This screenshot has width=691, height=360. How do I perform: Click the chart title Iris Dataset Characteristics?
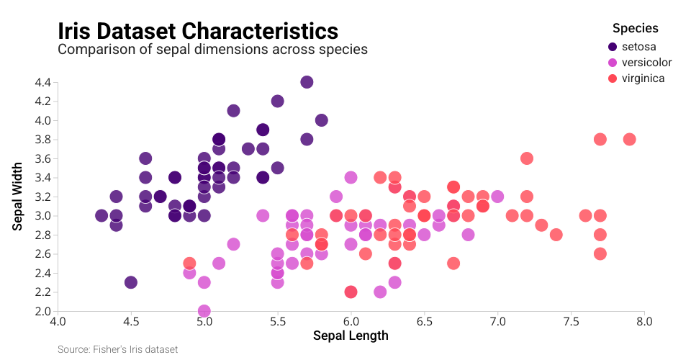(x=197, y=31)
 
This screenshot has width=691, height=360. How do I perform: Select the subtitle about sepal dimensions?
(x=212, y=50)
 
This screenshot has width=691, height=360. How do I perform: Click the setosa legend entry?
(x=639, y=47)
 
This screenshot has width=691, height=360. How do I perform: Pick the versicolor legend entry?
(x=646, y=63)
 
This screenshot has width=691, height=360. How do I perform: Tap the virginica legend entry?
(x=643, y=78)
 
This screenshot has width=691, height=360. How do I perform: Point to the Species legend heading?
(x=635, y=29)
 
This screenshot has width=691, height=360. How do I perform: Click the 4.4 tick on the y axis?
(x=42, y=82)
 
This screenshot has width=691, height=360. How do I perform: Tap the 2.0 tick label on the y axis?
(x=42, y=311)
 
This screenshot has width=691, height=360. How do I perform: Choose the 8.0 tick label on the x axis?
(x=644, y=320)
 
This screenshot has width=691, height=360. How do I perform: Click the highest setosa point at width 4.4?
(x=307, y=82)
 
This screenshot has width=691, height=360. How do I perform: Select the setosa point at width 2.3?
(x=130, y=282)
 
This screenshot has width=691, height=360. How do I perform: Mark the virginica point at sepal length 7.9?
(x=629, y=139)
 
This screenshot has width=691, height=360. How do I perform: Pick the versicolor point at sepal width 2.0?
(x=204, y=311)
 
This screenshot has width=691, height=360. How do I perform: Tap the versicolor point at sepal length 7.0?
(x=497, y=197)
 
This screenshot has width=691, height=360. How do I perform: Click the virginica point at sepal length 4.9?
(x=189, y=264)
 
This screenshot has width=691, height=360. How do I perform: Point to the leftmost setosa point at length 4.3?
(x=101, y=215)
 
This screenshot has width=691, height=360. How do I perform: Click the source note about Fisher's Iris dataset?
(x=117, y=349)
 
